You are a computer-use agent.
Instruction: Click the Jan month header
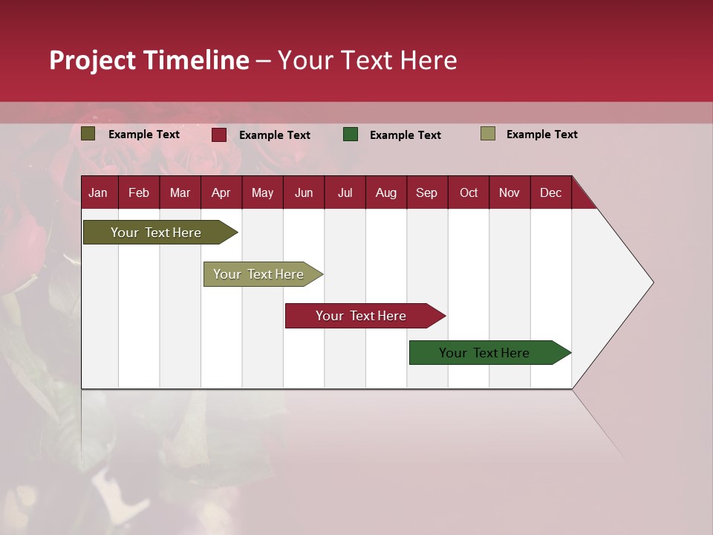99,192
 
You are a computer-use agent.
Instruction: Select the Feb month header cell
139,192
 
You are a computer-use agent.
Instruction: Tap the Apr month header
221,192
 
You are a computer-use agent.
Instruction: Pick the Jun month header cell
304,192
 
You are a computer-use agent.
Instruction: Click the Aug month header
386,192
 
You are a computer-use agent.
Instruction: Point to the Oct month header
469,192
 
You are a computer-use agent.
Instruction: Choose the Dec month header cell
551,192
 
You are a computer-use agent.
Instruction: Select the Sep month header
427,192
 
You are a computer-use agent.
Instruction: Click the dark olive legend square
88,134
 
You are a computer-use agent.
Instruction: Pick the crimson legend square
219,134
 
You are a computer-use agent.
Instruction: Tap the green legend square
351,134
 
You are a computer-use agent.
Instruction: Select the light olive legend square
488,134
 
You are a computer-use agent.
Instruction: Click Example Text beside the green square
405,135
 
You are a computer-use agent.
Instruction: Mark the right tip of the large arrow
653,282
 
